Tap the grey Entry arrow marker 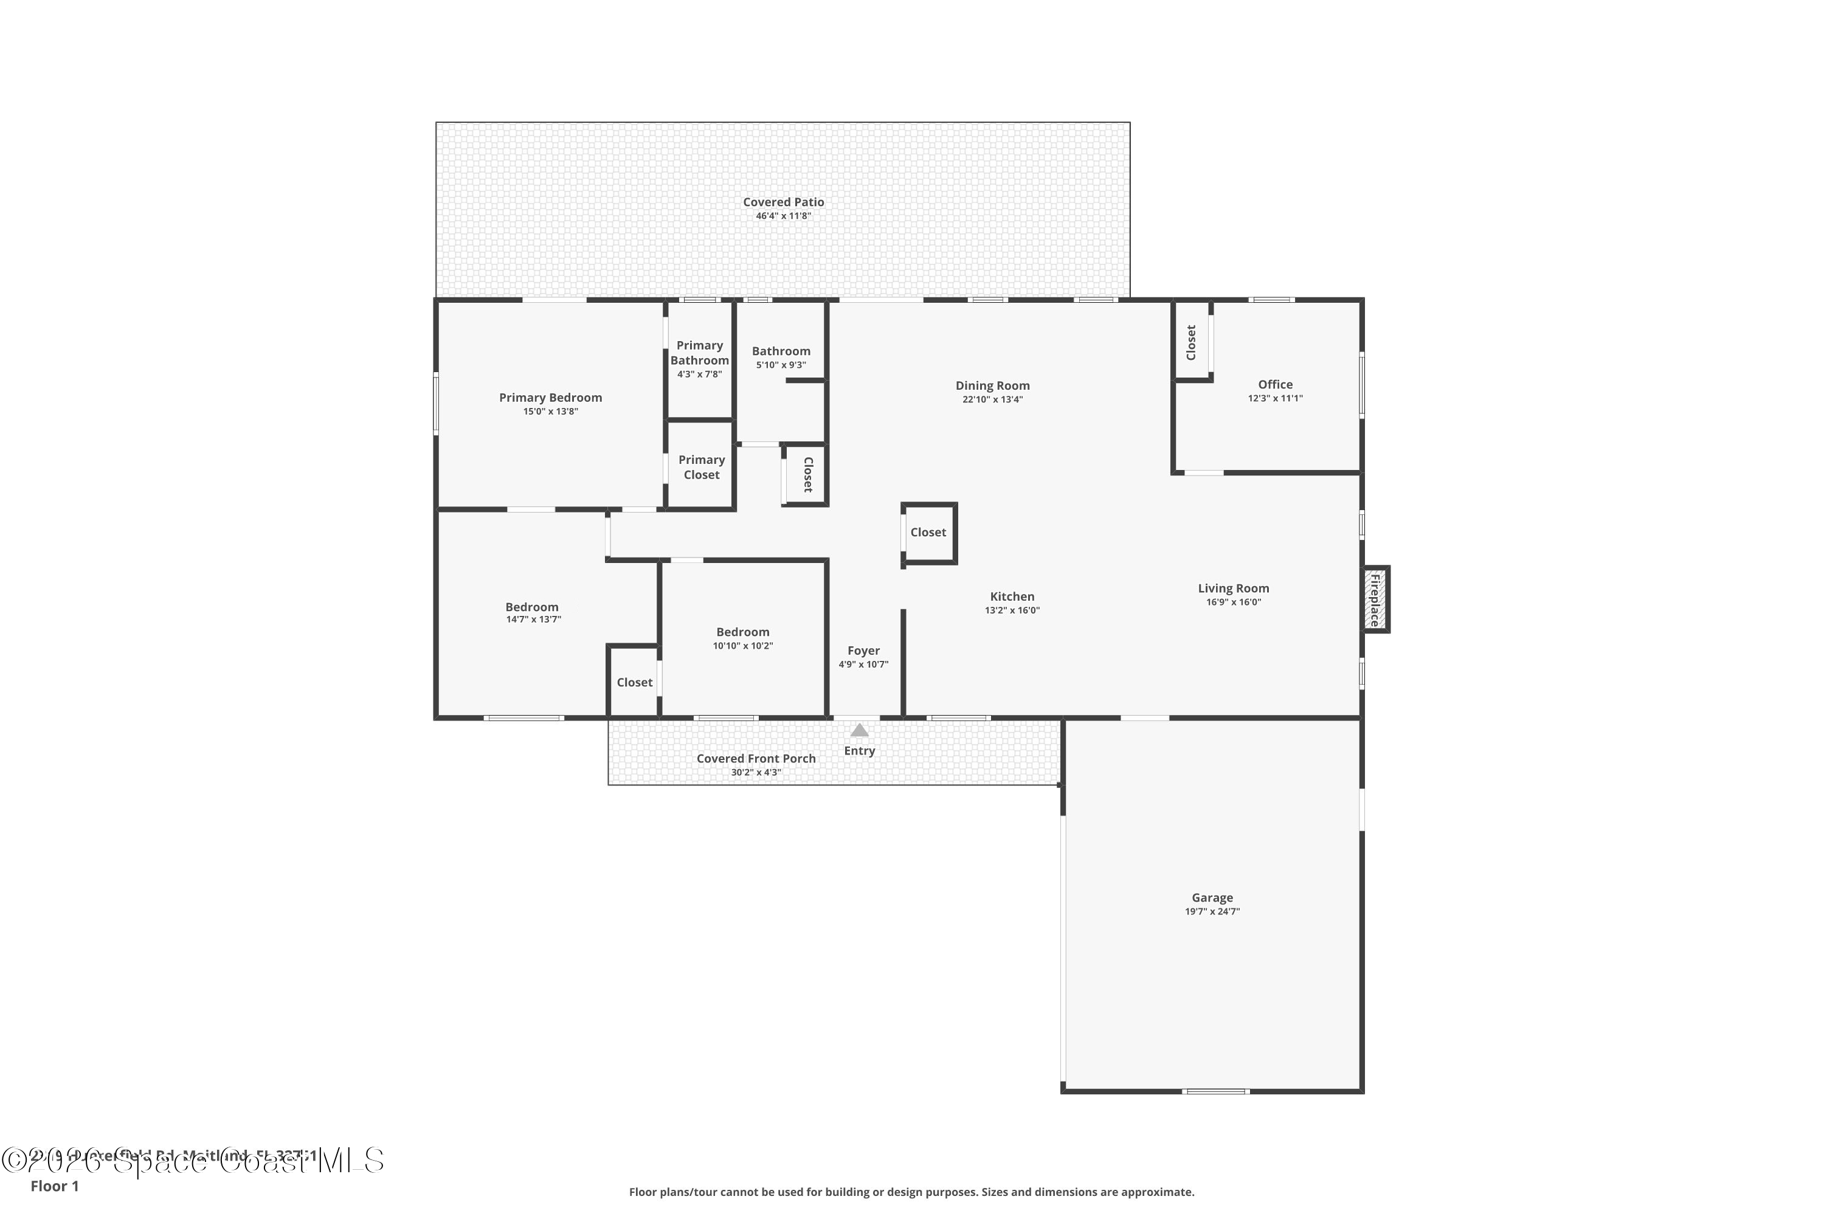859,730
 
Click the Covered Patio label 783,202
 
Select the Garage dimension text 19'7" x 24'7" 1212,911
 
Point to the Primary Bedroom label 550,397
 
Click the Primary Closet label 701,467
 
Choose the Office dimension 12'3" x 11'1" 1275,398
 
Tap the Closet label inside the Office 1191,342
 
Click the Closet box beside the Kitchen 928,532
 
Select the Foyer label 863,651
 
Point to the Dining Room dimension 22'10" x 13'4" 993,399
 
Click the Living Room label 1233,588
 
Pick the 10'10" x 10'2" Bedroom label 742,632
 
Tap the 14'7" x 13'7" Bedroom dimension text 534,619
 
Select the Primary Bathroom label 700,353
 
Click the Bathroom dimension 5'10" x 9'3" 781,364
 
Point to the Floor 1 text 54,1186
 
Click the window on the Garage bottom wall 1215,1091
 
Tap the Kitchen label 1012,596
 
